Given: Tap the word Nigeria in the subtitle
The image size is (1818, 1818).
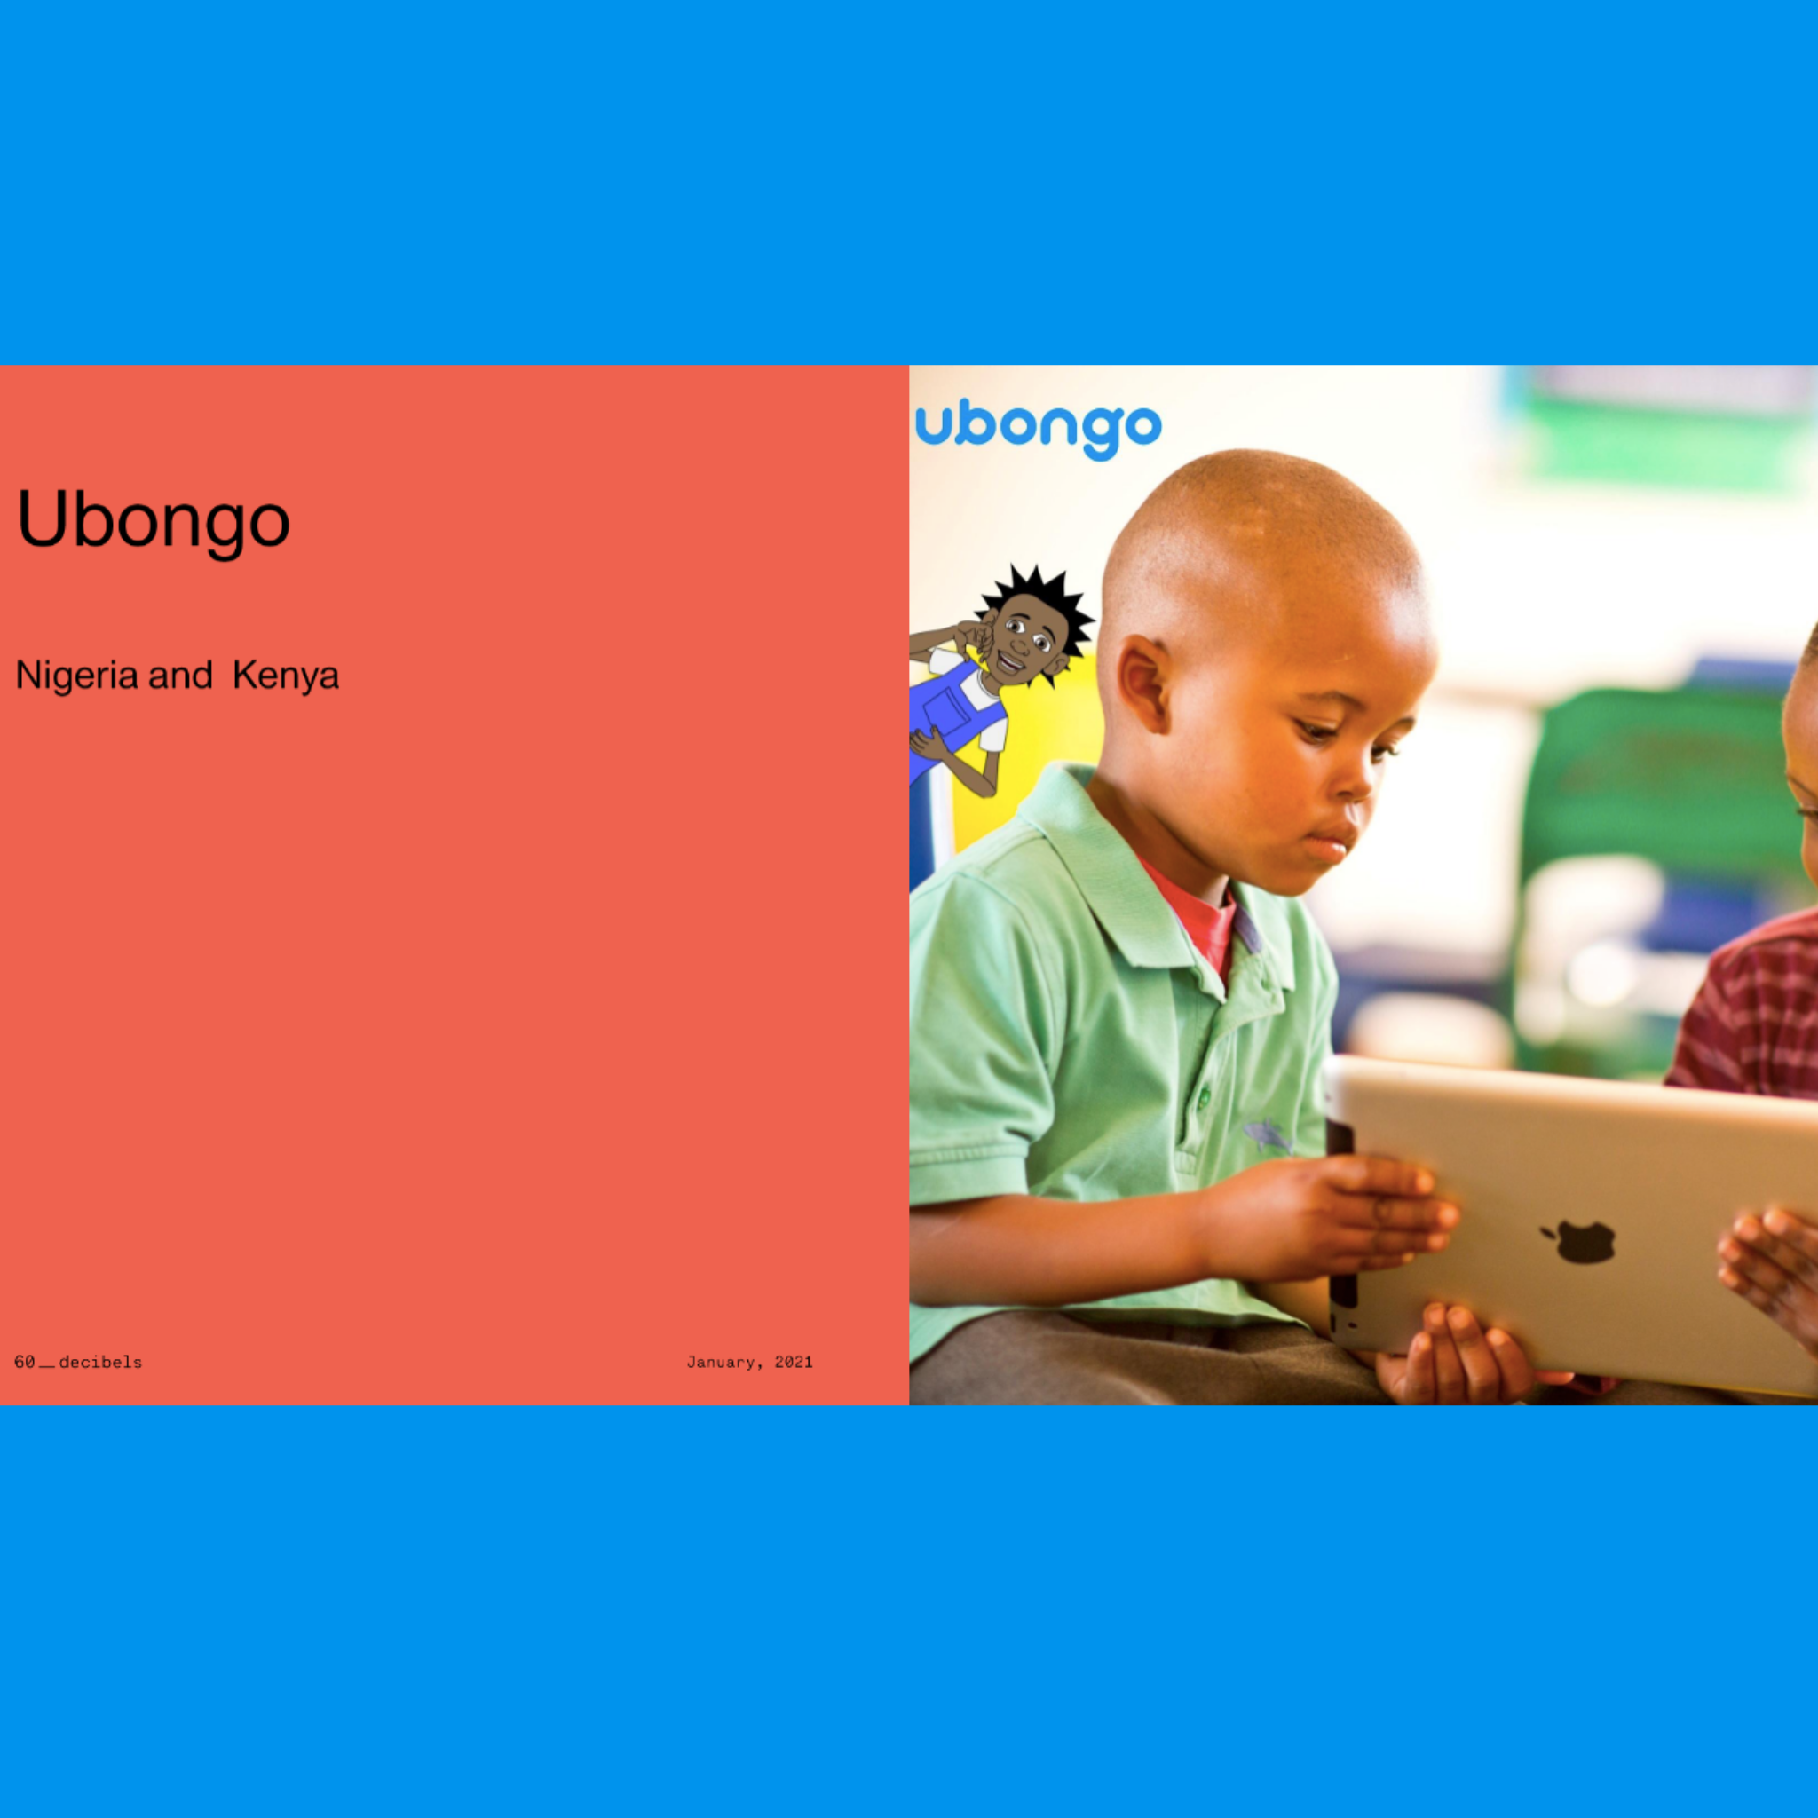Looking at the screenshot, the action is click(x=77, y=676).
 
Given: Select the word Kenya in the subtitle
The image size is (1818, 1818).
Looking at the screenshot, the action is click(x=285, y=676).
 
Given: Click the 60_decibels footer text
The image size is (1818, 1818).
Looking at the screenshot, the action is click(x=78, y=1362).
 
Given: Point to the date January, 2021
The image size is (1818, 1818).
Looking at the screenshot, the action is click(x=749, y=1362).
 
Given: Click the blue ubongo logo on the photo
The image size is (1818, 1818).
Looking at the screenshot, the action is click(x=1039, y=429).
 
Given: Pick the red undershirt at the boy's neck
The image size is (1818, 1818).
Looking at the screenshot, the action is click(x=1195, y=909).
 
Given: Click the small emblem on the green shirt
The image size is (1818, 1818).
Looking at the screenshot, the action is click(x=1267, y=1134).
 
